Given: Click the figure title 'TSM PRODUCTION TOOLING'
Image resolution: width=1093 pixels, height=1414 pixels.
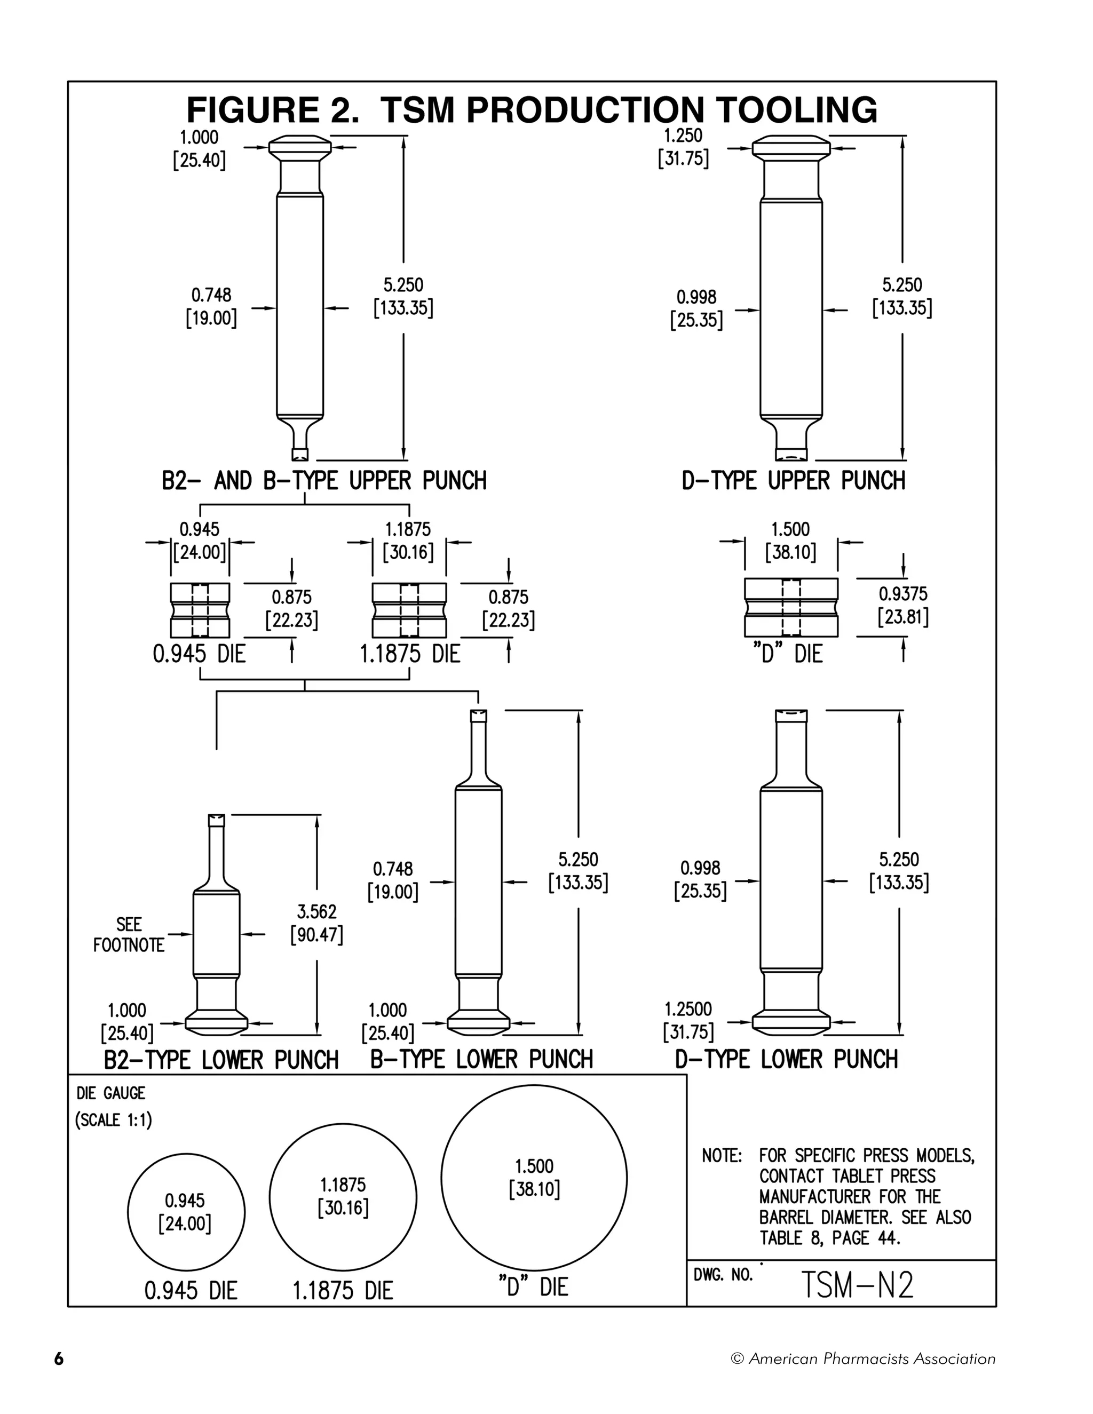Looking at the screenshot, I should [x=628, y=110].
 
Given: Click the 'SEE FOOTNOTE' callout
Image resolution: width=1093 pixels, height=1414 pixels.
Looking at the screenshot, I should [x=129, y=934].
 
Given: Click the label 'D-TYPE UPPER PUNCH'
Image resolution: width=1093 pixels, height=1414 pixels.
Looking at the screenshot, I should [x=793, y=481].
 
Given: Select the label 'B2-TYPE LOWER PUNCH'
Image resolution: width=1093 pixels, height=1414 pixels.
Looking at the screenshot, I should [x=221, y=1060].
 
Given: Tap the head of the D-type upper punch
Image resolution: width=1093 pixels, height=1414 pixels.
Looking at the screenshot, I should [x=790, y=147].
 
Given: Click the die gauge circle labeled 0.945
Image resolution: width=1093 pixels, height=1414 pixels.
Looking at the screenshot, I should [x=186, y=1213].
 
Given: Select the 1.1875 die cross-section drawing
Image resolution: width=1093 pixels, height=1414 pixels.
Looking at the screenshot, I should [x=409, y=610].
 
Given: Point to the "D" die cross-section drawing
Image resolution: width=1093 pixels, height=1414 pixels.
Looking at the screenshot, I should [x=790, y=607].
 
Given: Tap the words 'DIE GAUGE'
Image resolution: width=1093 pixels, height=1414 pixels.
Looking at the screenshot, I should [x=110, y=1093].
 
